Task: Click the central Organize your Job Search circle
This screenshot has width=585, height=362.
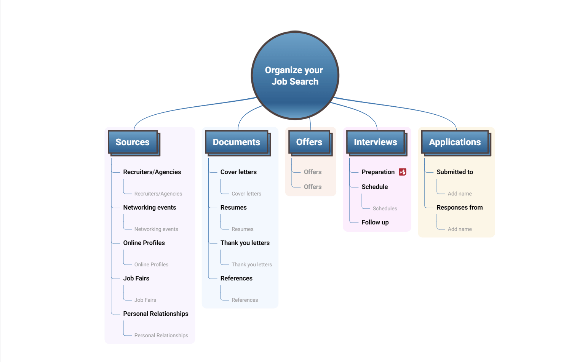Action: tap(295, 75)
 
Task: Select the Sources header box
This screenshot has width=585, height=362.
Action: tap(133, 142)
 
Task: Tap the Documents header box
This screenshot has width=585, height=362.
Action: tap(237, 142)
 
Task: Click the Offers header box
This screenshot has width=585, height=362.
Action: tap(309, 142)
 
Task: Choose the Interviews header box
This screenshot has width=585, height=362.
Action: tap(376, 142)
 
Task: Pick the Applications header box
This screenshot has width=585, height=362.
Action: tap(455, 142)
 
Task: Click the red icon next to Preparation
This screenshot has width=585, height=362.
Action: tap(403, 172)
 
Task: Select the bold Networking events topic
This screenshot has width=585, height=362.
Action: tap(150, 207)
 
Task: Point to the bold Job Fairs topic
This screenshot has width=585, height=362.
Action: tap(136, 278)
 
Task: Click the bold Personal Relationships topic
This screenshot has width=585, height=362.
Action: tap(156, 314)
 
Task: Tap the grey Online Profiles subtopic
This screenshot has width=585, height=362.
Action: tap(151, 264)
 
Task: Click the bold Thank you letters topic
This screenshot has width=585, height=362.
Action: tap(245, 243)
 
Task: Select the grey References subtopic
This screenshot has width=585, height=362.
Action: tap(245, 300)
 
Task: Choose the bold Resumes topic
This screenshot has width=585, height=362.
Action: tap(233, 207)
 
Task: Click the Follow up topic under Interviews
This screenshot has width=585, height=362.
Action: tap(375, 222)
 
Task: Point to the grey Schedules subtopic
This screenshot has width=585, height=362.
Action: tap(385, 208)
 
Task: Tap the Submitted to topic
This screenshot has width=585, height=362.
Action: tap(455, 172)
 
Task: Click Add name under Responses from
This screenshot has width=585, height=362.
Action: tap(460, 229)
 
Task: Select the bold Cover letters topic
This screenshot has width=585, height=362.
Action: tap(238, 172)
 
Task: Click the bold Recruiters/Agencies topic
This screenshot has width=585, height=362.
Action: tap(152, 172)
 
